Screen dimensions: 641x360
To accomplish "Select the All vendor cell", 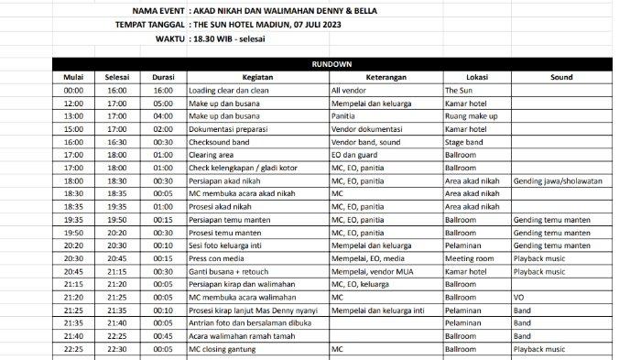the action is (349, 91).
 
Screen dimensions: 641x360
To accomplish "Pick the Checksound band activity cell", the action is (223, 142).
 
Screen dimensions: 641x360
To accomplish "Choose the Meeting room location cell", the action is (472, 259).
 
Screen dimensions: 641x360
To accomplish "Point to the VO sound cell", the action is (519, 298).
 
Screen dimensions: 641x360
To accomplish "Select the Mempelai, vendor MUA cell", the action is (371, 272).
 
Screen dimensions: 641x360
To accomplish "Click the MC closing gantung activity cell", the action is (224, 349).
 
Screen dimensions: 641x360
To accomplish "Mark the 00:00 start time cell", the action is (76, 91).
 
